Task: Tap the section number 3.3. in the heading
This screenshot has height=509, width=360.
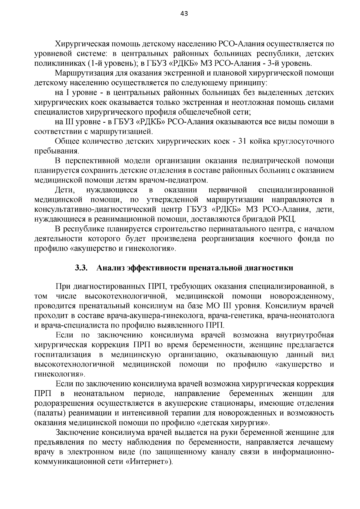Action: (81, 268)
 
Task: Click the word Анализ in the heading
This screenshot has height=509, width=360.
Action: (110, 268)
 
